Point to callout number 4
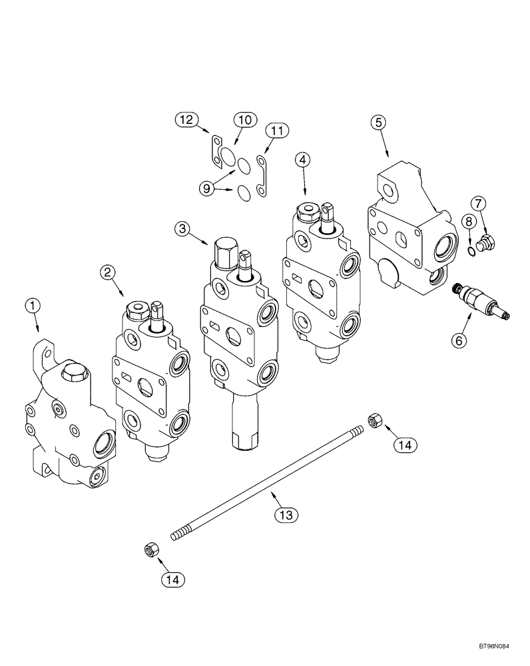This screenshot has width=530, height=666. click(303, 159)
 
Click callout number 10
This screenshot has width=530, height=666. click(244, 120)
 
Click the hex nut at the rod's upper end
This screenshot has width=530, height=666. click(374, 420)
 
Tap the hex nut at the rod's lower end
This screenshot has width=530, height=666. click(150, 549)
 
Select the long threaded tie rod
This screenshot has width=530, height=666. click(266, 478)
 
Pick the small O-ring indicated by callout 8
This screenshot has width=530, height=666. click(473, 250)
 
